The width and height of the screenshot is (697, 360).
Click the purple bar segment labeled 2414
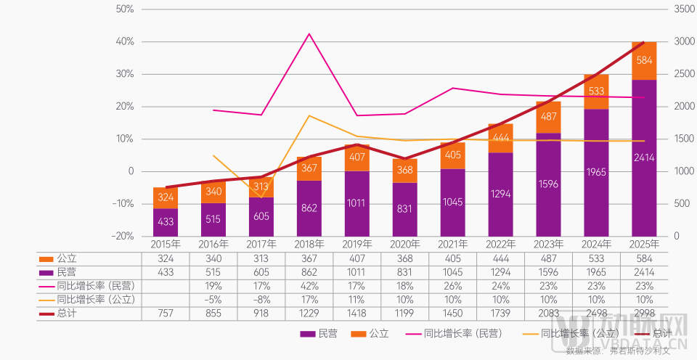click(644, 157)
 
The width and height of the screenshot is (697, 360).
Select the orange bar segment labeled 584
click(644, 60)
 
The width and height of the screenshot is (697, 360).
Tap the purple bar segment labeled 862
click(309, 208)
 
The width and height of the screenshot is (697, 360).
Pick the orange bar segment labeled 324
click(165, 197)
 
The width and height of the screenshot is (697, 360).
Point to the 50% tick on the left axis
click(125, 9)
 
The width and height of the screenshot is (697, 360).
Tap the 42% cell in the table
click(309, 286)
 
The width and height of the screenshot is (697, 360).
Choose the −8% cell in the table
click(261, 300)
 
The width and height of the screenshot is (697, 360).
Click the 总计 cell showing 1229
click(309, 314)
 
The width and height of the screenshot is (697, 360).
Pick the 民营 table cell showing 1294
click(500, 271)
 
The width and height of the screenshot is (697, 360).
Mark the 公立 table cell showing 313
click(261, 258)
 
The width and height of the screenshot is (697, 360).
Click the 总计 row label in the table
click(65, 314)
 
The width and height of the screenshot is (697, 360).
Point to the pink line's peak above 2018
click(309, 33)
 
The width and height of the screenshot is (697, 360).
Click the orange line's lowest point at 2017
click(261, 197)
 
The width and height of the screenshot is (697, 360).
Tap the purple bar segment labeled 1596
click(548, 184)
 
